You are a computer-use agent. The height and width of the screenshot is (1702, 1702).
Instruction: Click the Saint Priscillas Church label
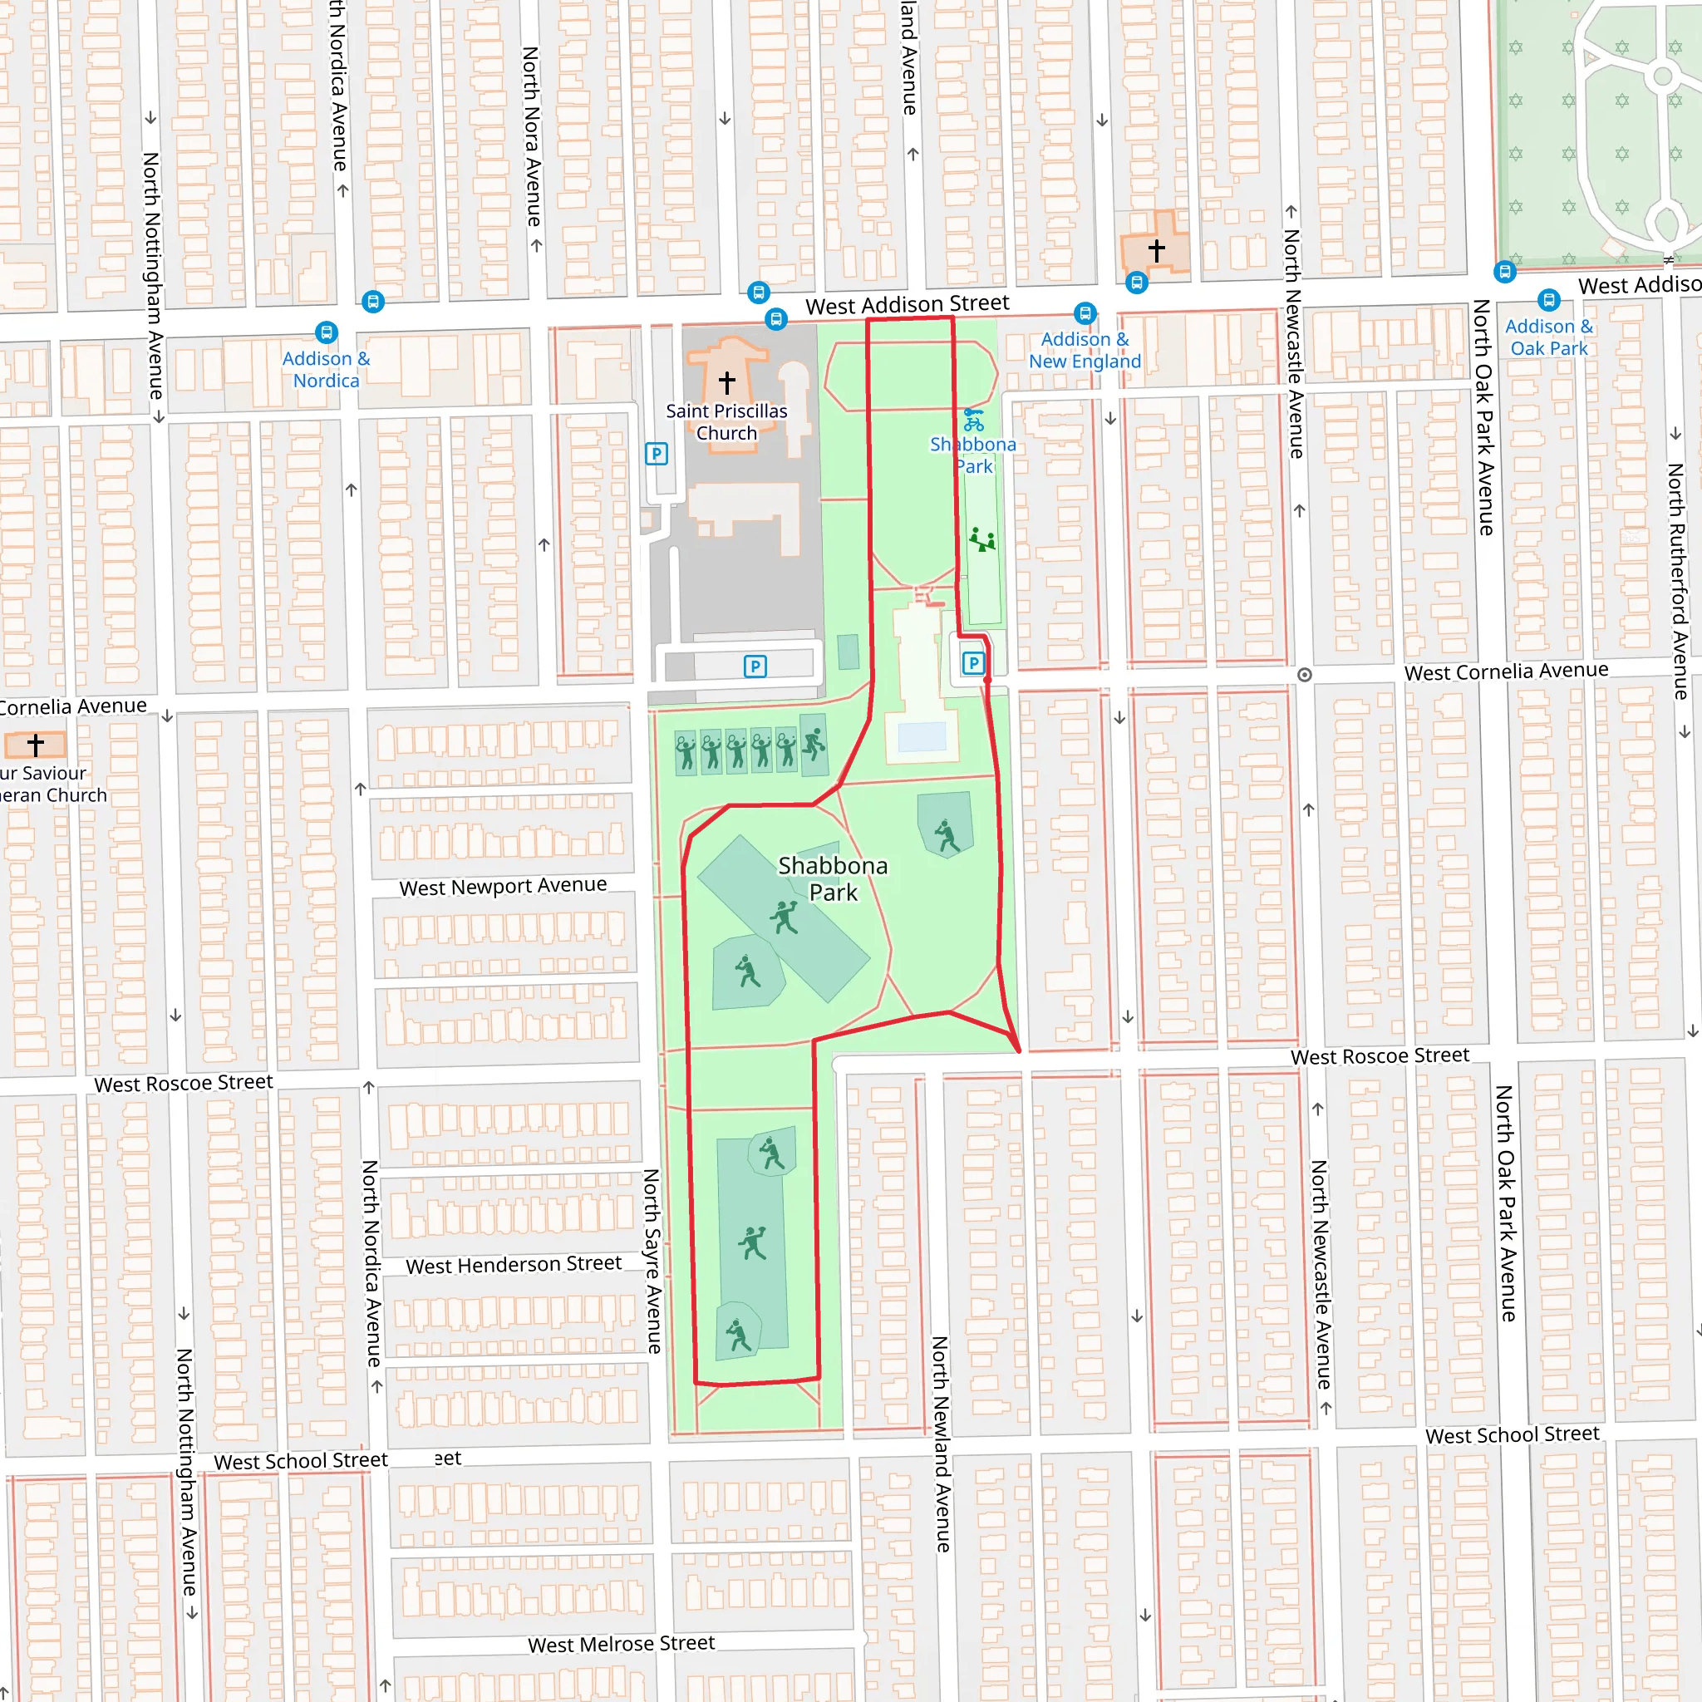click(726, 422)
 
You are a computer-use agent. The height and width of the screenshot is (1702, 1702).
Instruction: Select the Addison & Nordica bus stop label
click(326, 370)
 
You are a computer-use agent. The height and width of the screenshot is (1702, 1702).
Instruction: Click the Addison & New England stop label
click(1085, 351)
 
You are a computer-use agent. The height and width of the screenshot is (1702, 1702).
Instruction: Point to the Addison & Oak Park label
click(1549, 337)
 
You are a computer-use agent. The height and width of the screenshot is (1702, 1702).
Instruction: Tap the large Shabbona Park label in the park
click(833, 878)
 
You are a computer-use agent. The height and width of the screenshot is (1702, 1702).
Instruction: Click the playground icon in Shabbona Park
click(982, 539)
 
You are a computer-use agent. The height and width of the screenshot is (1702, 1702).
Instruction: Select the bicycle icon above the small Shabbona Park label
click(973, 420)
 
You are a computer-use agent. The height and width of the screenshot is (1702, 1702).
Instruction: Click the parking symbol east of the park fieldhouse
click(972, 662)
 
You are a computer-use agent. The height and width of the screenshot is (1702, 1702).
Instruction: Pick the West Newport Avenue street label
click(503, 886)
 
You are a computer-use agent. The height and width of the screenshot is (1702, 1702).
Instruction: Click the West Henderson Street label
click(514, 1265)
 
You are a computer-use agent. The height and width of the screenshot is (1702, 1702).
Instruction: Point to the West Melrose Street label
click(621, 1644)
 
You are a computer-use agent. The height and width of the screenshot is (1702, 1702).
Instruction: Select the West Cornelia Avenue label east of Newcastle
click(1506, 671)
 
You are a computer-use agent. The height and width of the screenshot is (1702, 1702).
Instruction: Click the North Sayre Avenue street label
click(652, 1260)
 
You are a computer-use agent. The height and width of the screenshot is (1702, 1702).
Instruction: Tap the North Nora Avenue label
click(531, 136)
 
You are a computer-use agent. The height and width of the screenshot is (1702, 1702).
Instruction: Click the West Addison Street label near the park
click(908, 305)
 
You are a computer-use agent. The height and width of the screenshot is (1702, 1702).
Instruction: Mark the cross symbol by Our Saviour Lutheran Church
click(35, 745)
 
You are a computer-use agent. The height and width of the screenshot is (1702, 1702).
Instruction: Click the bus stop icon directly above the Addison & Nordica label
click(326, 333)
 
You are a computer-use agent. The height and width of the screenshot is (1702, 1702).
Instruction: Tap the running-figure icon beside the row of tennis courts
click(814, 745)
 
